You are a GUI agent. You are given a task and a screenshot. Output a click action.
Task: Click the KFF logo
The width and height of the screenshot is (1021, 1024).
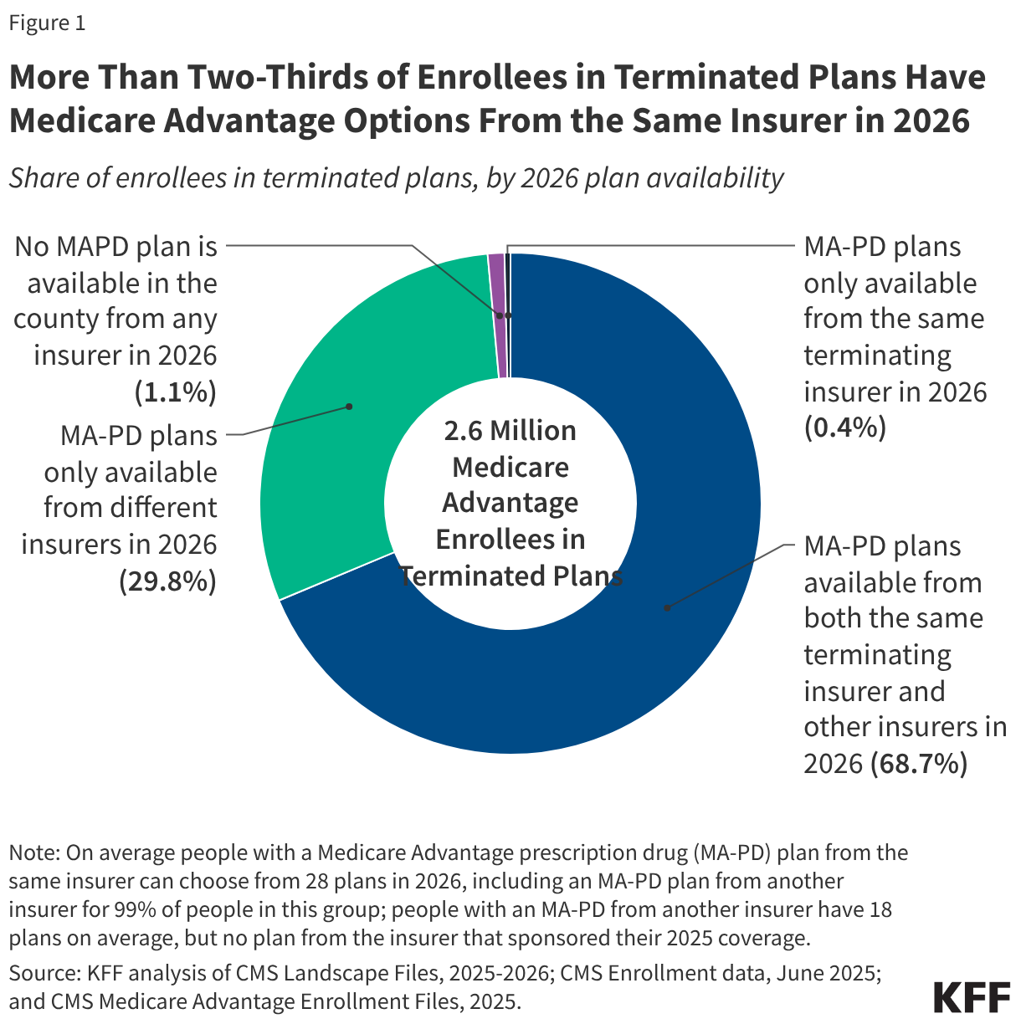[x=972, y=997]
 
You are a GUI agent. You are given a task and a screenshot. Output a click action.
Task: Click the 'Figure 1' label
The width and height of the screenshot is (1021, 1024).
[x=47, y=23]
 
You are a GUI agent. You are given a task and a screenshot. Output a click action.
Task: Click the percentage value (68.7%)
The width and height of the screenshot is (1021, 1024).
[x=919, y=763]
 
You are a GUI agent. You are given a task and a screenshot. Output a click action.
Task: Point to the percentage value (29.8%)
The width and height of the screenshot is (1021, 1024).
[x=167, y=581]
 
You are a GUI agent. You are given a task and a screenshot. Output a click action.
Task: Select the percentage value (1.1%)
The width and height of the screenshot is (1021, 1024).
[x=175, y=392]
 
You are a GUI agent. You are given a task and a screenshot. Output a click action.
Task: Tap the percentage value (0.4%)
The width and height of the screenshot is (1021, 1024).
[x=844, y=428]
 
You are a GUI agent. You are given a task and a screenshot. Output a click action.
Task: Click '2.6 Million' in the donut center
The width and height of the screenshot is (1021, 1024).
[x=510, y=431]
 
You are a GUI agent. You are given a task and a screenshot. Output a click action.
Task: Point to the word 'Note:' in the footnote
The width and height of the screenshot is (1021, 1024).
[x=34, y=852]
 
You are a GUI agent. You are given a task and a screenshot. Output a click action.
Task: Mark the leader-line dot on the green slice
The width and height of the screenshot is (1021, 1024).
[x=349, y=407]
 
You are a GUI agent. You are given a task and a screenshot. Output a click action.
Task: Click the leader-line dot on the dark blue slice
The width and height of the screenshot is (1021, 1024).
[x=667, y=607]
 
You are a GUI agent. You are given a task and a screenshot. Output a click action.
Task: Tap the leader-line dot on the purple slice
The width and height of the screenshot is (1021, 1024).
[x=500, y=315]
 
